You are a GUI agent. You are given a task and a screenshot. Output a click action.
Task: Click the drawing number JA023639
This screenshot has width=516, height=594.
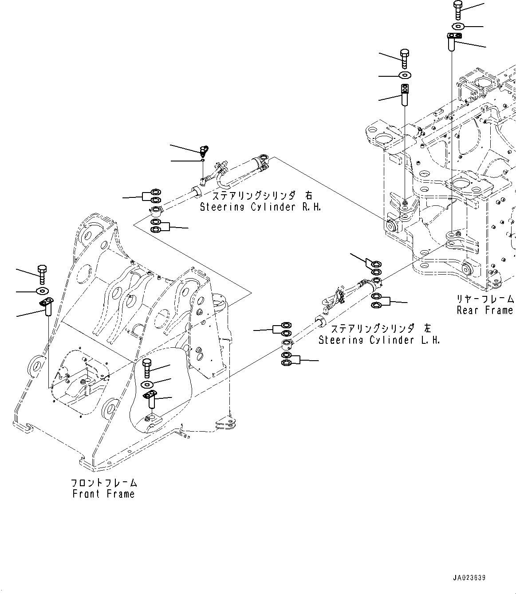pos(469,578)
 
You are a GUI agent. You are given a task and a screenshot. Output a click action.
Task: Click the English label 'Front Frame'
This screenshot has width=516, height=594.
pos(103,494)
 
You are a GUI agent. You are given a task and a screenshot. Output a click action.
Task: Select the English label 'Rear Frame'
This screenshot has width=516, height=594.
pos(485,310)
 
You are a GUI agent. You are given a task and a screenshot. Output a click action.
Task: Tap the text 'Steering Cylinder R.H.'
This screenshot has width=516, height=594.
pos(260,207)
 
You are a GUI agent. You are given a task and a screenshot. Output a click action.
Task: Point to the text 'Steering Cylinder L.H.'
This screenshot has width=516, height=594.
pos(379,340)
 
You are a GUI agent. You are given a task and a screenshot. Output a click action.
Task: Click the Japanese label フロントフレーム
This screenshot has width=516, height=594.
pos(104,483)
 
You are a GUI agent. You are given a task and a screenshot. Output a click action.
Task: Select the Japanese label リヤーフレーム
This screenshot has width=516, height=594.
pos(485,299)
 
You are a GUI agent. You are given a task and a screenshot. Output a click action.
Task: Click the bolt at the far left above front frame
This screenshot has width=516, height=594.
pos(43,274)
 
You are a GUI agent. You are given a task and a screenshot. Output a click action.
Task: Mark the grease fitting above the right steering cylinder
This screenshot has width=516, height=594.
pos(205,150)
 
